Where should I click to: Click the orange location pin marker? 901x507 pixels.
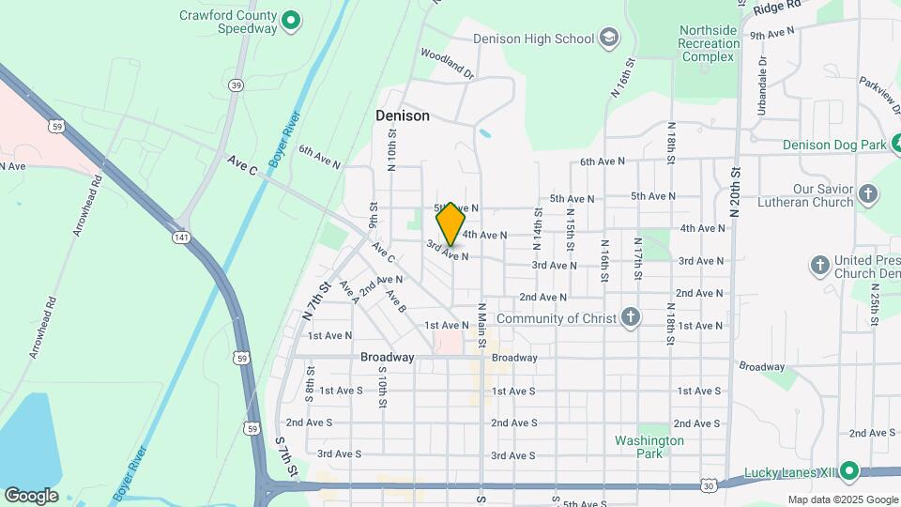click(451, 223)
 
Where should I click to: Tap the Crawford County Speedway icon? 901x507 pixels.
click(291, 19)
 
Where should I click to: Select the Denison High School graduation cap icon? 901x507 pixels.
click(609, 38)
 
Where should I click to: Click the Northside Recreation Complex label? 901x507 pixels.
click(709, 43)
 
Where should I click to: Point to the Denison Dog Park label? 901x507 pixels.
click(834, 145)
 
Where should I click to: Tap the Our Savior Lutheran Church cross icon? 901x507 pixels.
click(868, 195)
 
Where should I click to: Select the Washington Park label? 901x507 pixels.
click(649, 447)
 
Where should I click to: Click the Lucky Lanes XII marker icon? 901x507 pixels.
click(849, 470)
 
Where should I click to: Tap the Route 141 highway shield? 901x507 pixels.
click(181, 238)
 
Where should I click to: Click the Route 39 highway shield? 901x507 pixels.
click(235, 85)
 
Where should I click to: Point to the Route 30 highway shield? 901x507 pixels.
click(709, 485)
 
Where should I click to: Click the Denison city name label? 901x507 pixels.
click(403, 115)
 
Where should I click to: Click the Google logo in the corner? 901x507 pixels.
click(31, 496)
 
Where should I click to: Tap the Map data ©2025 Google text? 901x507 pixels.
click(842, 499)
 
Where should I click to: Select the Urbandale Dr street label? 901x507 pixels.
click(763, 73)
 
